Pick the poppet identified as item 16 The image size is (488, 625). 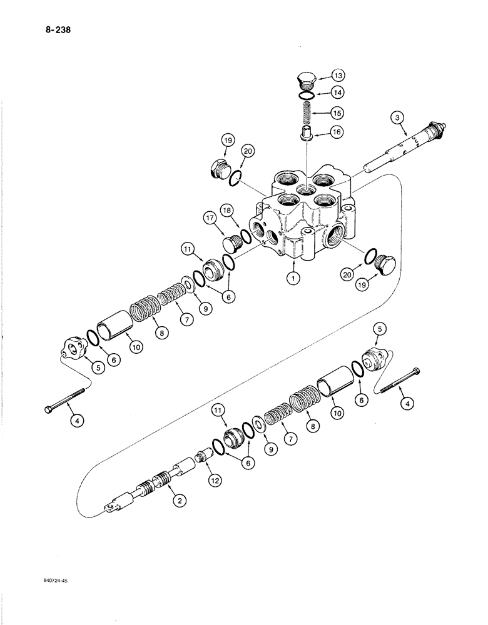[x=306, y=134]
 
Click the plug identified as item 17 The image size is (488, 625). [x=232, y=240]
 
